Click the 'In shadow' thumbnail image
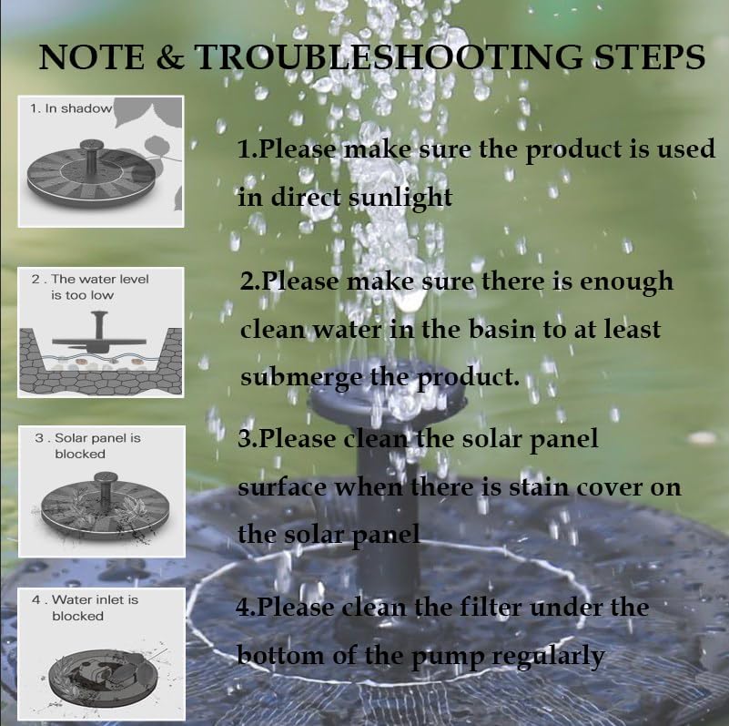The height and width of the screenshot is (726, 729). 101,161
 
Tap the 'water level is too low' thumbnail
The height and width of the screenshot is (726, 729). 101,332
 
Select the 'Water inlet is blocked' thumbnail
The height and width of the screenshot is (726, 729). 101,648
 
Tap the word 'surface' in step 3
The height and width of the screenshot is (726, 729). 282,486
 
